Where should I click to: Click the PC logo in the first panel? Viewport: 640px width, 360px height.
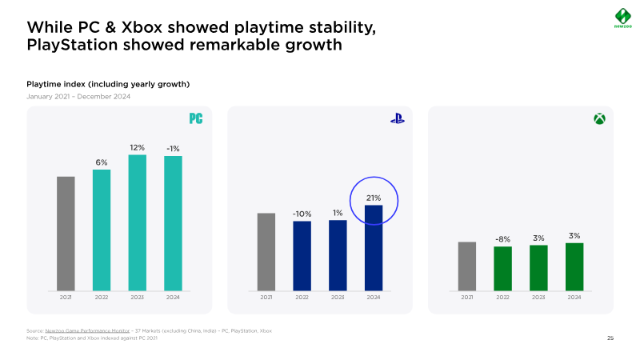click(195, 118)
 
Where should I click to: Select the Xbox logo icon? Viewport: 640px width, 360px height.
click(598, 118)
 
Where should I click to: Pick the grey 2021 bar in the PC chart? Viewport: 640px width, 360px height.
click(66, 233)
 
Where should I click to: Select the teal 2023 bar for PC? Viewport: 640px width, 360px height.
click(138, 222)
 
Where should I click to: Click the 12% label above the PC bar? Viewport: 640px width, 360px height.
click(138, 147)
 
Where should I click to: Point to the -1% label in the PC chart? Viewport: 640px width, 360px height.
click(173, 149)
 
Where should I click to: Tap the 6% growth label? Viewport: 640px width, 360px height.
click(102, 162)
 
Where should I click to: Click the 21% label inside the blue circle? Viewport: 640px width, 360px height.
click(374, 198)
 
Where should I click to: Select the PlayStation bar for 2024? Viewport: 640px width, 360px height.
click(374, 248)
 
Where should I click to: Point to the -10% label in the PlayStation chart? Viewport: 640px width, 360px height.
click(302, 214)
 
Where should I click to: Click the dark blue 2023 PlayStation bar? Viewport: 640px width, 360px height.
click(338, 255)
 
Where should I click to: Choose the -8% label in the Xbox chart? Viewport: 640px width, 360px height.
click(502, 239)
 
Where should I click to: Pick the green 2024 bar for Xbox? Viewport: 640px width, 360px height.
click(574, 266)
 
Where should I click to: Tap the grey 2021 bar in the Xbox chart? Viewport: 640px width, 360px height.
click(467, 266)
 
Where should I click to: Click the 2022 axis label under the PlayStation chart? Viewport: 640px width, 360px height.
click(302, 297)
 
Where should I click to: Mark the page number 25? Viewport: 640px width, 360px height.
click(610, 338)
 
